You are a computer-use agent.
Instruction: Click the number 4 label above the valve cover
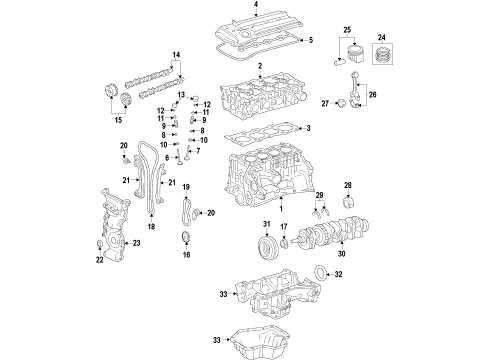pyautogui.click(x=255, y=6)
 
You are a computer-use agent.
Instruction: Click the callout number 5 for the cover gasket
pyautogui.click(x=311, y=40)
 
